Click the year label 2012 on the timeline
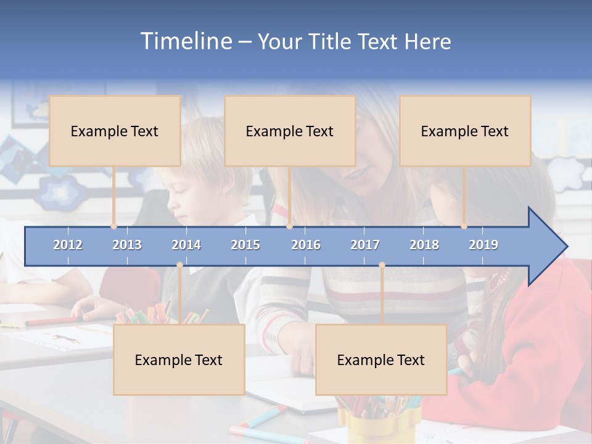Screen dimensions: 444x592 tap(68, 245)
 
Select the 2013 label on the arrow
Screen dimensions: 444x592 tap(127, 245)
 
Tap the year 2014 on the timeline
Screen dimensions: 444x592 tap(186, 245)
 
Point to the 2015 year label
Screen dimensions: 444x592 tap(245, 245)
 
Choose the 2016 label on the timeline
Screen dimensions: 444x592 tap(306, 245)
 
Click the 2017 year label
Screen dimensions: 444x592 tap(365, 245)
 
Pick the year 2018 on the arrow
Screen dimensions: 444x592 tap(424, 245)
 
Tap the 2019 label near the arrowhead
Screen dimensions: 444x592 tap(483, 245)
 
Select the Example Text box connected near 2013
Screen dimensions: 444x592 tap(115, 131)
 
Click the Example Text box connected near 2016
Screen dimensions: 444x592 tap(290, 131)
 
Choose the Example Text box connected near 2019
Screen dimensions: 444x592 tap(465, 131)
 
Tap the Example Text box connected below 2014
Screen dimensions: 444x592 tap(179, 360)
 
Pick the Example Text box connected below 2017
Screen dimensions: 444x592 tap(381, 360)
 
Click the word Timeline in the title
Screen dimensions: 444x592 tap(186, 41)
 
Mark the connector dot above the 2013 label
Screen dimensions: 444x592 tap(114, 226)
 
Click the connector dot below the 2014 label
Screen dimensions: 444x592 tap(179, 265)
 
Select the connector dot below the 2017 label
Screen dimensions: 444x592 tap(382, 265)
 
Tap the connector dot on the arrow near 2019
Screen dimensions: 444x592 tap(464, 226)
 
